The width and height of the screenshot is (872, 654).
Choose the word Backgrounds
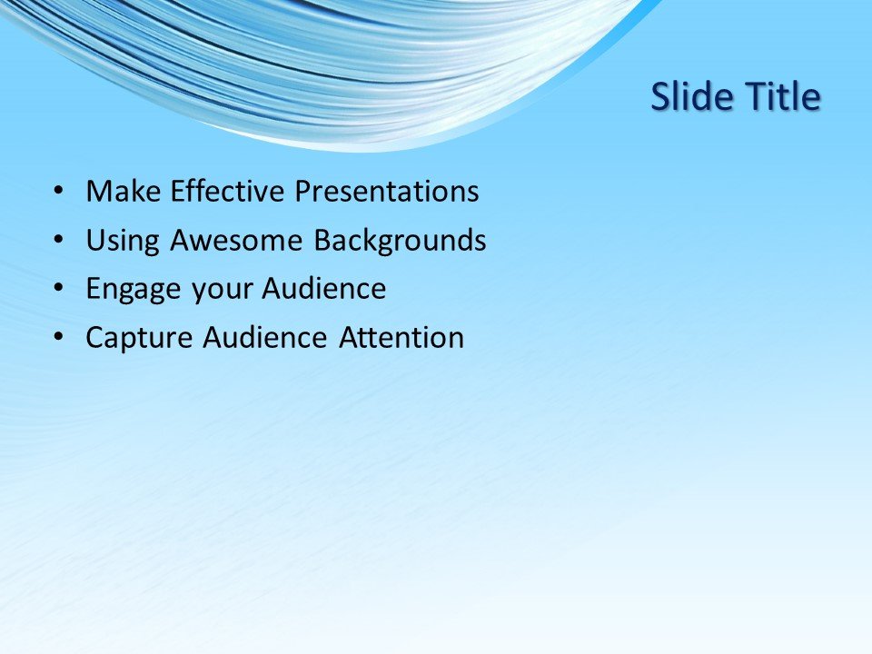pos(400,241)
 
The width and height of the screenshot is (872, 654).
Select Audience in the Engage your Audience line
pos(324,290)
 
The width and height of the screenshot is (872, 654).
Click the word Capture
pos(139,339)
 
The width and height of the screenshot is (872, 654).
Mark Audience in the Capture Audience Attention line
pos(264,339)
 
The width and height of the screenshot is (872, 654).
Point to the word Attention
pos(401,339)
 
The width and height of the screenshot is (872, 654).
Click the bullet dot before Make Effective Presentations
pos(59,192)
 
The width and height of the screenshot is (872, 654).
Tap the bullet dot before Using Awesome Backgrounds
pos(59,241)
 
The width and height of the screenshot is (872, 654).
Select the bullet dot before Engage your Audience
pos(59,290)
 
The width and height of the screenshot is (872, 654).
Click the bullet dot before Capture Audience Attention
pos(59,339)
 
